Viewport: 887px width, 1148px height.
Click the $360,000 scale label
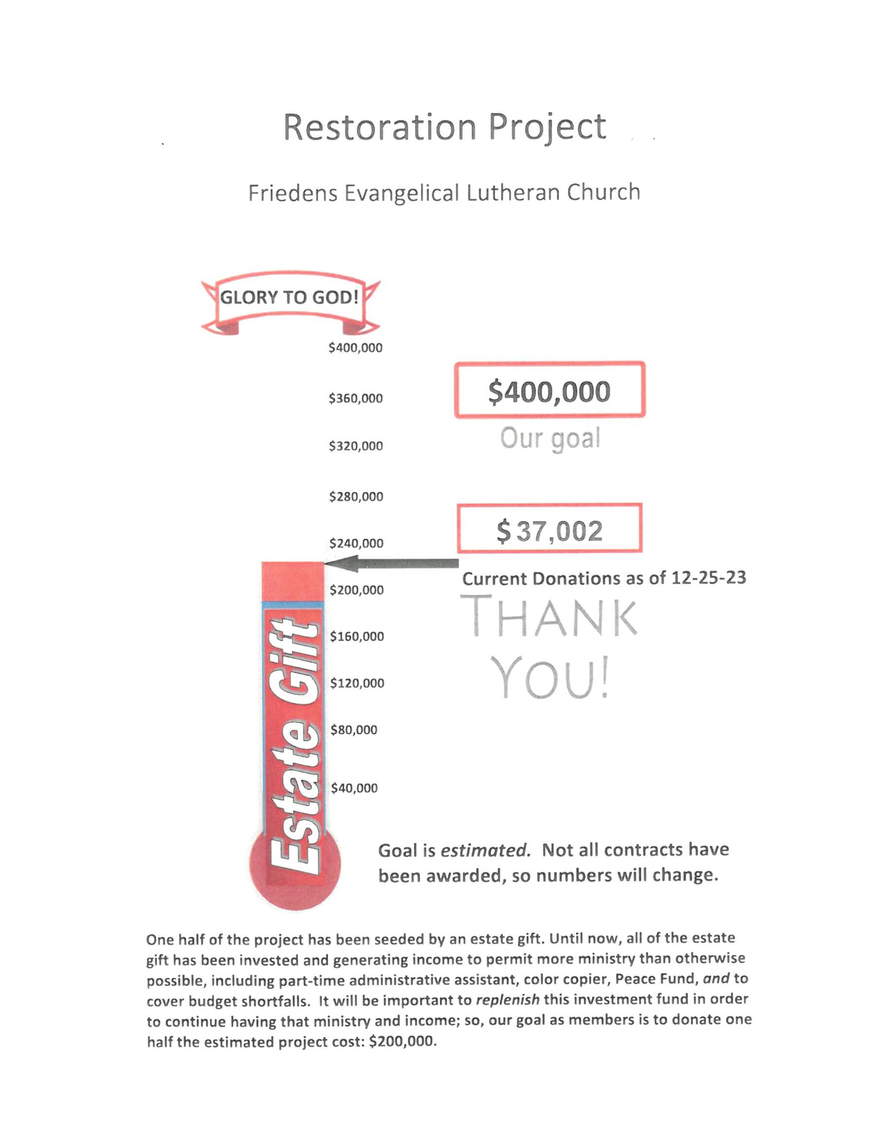(x=356, y=398)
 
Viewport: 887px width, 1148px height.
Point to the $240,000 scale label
(x=356, y=544)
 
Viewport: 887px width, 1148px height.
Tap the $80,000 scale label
(x=354, y=730)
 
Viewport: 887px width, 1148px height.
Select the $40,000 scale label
(x=354, y=788)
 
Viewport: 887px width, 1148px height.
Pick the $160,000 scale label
(x=357, y=636)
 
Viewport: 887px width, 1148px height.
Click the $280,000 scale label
(x=356, y=497)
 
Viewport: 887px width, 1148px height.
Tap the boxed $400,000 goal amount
(x=549, y=391)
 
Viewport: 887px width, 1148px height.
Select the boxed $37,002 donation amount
(x=549, y=531)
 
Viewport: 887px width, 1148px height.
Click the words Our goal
(x=549, y=438)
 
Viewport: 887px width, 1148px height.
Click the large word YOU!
(x=552, y=678)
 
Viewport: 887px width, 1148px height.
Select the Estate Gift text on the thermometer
(x=292, y=747)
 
